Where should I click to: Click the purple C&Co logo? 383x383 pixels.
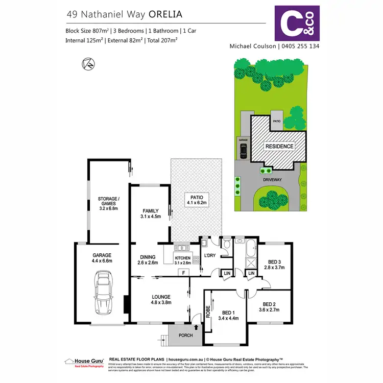[x=297, y=23]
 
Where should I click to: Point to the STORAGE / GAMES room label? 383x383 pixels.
[x=109, y=202]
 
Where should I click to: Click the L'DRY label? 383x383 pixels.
[x=210, y=255]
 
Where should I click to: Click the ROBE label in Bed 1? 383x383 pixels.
[x=208, y=312]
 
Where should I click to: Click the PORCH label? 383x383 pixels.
[x=186, y=336]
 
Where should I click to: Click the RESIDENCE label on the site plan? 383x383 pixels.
[x=279, y=147]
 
